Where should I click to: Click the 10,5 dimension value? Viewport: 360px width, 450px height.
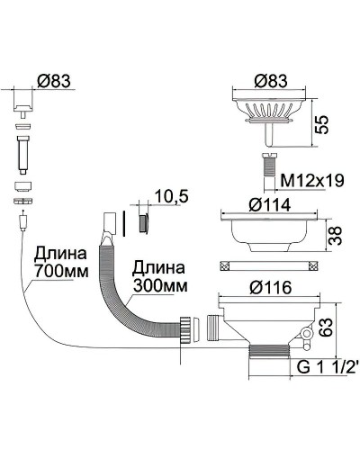coord(169,195)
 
